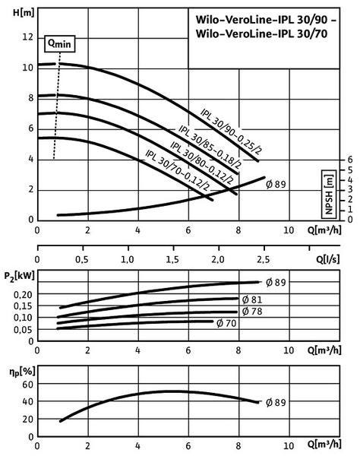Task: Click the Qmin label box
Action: point(59,44)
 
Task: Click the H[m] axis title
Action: point(24,12)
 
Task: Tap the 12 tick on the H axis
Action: point(27,37)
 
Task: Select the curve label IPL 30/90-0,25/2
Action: point(232,131)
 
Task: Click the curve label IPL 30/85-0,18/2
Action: point(210,147)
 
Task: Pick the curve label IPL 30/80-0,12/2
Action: point(201,163)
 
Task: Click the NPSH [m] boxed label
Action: point(329,194)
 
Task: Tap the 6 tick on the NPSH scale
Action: point(350,160)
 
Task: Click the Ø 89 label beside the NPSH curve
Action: point(276,185)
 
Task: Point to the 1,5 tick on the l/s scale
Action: point(172,259)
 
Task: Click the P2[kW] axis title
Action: point(19,276)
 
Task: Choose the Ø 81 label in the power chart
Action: point(252,299)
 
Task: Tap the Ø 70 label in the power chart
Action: point(226,323)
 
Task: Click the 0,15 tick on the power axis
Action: point(23,306)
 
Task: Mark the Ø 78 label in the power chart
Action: point(252,312)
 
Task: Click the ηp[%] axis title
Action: point(22,372)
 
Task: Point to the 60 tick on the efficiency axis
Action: point(28,384)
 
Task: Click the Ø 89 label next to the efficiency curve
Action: point(276,403)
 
